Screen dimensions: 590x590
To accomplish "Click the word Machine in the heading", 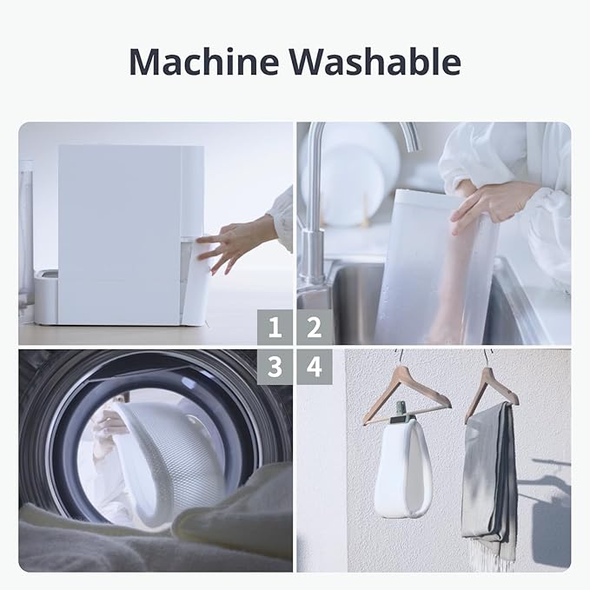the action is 204,62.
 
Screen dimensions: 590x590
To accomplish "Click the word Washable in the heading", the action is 375,62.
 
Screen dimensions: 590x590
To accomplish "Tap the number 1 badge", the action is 275,327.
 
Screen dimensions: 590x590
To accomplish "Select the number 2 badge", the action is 315,327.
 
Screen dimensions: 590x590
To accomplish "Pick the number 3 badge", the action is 275,367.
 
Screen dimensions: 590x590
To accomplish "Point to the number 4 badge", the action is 315,367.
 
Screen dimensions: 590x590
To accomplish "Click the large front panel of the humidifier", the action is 120,234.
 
